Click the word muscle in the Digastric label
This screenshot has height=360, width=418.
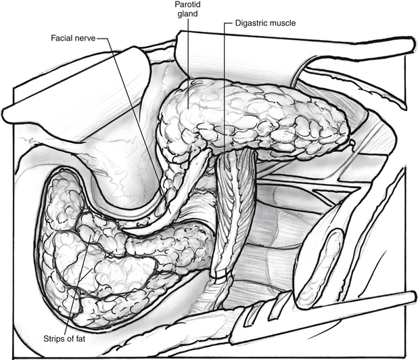(283, 22)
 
